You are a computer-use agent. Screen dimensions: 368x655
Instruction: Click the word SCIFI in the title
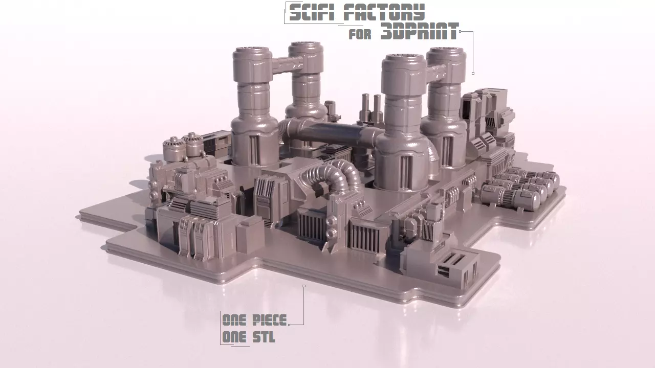[313, 12]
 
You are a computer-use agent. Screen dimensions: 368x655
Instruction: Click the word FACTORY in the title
[384, 12]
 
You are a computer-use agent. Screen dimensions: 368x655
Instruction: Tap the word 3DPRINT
[419, 33]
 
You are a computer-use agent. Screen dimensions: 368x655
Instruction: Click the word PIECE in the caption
[269, 320]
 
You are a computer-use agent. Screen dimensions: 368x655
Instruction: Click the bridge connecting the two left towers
[280, 65]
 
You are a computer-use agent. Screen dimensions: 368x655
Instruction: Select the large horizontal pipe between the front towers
[333, 134]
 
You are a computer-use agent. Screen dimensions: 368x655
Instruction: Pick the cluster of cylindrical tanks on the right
[519, 188]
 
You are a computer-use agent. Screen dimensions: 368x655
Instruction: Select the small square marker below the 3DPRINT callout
[473, 73]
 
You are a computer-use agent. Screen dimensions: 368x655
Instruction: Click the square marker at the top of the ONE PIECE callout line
[303, 286]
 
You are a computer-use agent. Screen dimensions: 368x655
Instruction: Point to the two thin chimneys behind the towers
[371, 105]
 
